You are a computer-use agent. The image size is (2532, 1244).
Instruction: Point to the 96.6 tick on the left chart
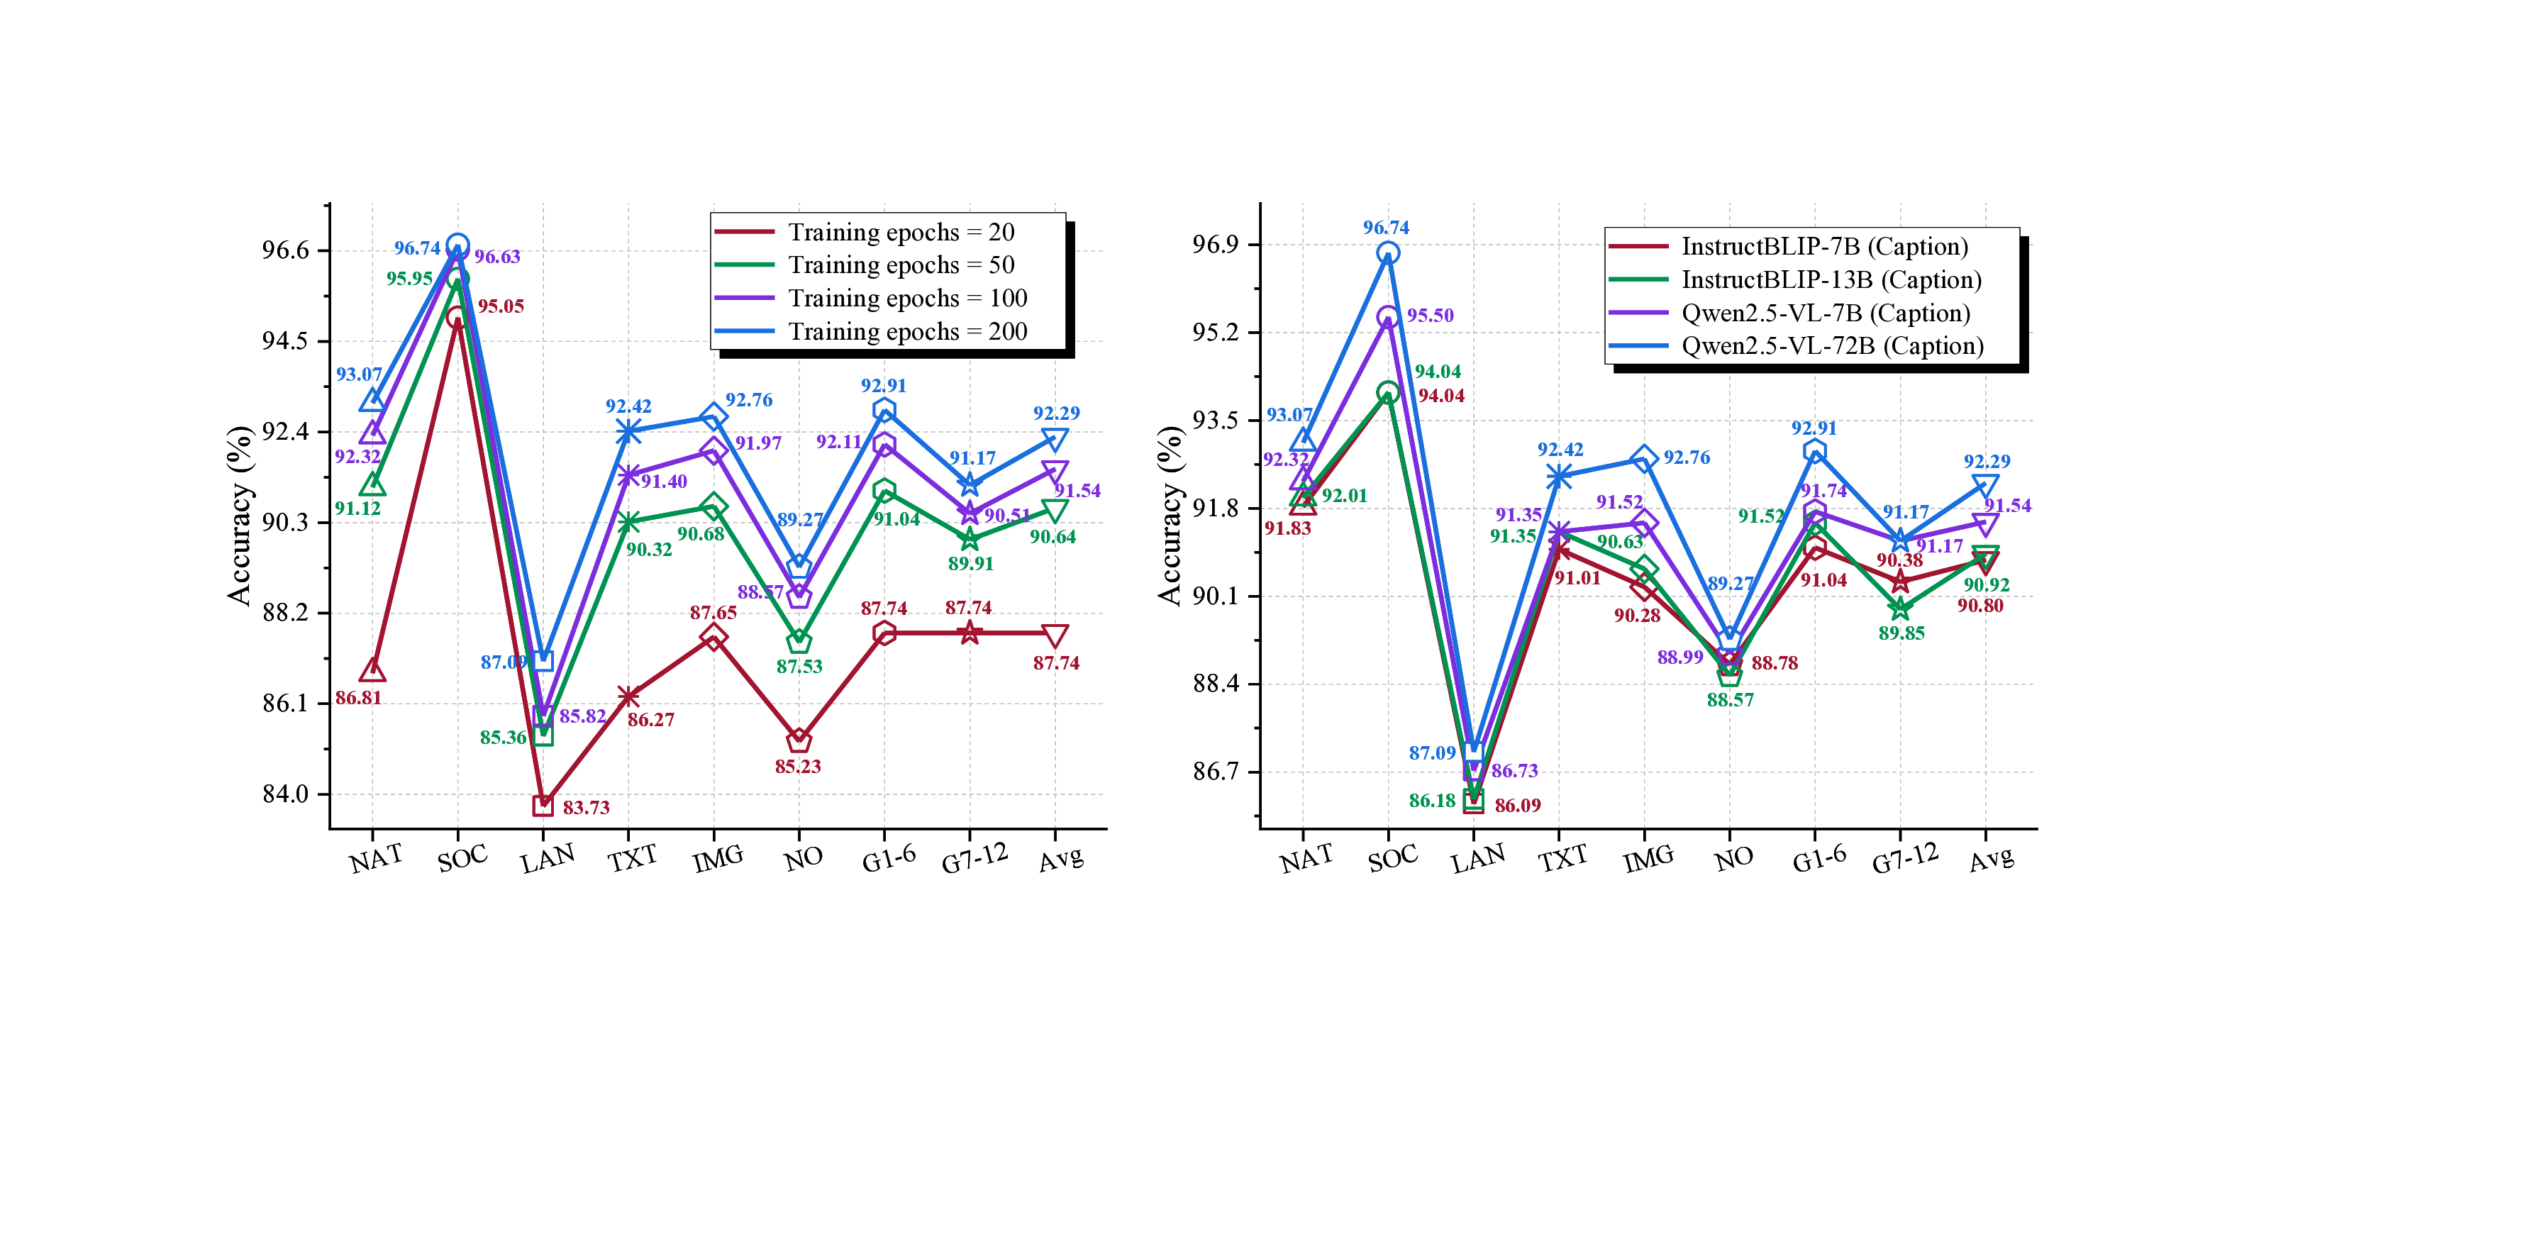click(285, 250)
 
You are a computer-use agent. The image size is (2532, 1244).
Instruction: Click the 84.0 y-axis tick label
click(285, 794)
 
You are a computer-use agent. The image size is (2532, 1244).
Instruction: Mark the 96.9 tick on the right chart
click(1215, 245)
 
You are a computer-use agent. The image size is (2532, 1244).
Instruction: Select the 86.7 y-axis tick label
click(1215, 772)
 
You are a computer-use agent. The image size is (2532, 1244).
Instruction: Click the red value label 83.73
click(586, 808)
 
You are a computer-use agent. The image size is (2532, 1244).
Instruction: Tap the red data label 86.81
click(357, 698)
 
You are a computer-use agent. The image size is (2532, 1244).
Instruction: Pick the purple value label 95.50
click(1429, 316)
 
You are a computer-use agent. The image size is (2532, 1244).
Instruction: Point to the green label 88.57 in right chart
click(1730, 699)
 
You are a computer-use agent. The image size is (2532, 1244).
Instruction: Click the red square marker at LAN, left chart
click(543, 806)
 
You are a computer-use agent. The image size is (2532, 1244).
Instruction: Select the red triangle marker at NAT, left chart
click(372, 671)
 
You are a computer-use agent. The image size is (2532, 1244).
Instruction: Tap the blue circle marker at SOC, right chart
click(1387, 253)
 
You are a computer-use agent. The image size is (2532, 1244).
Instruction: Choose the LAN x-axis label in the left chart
click(547, 860)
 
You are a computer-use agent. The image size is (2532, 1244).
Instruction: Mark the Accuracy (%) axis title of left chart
click(239, 515)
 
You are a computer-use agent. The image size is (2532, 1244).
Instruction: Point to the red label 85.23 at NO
click(797, 767)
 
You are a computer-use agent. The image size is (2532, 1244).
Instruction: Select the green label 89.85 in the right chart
click(1901, 633)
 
